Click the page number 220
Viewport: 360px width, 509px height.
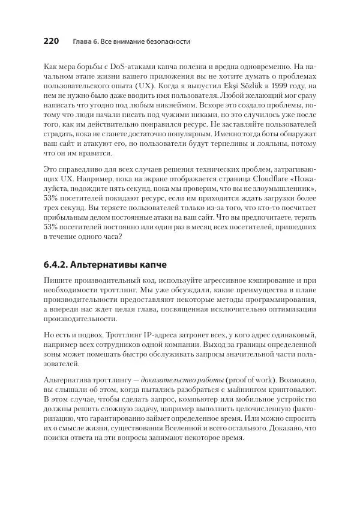pyautogui.click(x=52, y=41)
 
